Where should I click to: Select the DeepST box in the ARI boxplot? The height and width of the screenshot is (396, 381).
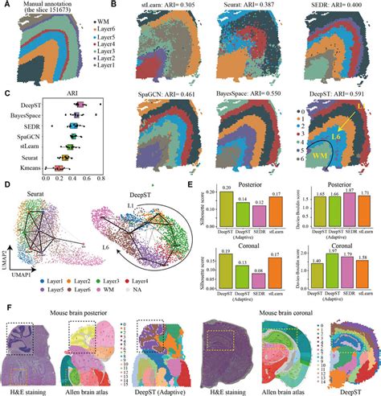[80, 104]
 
